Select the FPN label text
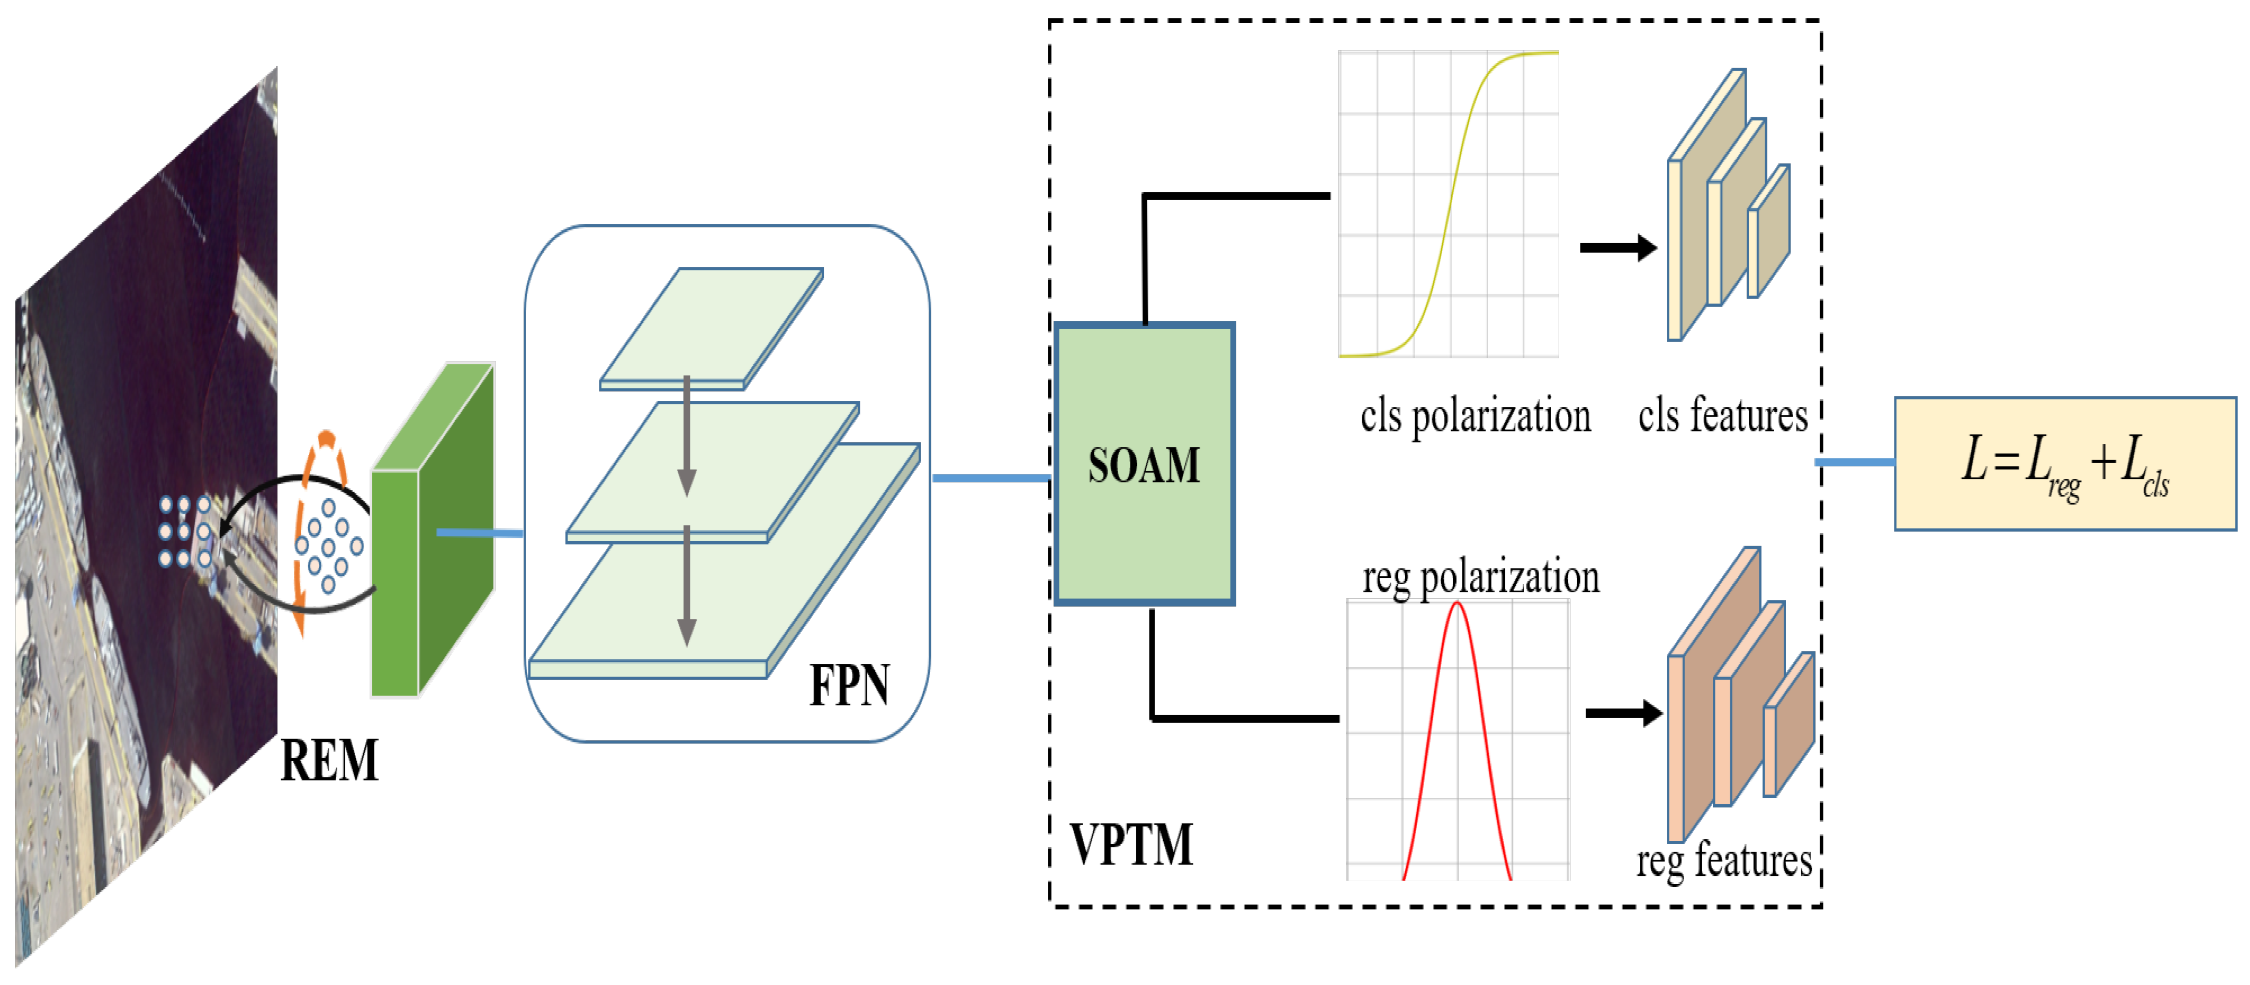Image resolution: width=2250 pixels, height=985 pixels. click(x=849, y=685)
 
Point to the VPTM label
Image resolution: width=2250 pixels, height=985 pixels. click(x=1131, y=845)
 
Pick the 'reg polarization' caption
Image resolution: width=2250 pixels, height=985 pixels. click(x=1481, y=577)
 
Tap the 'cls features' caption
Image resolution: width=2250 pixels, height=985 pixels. click(x=1722, y=416)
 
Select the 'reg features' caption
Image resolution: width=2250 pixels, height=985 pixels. click(x=1724, y=861)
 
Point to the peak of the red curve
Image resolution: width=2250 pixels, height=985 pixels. click(x=1457, y=604)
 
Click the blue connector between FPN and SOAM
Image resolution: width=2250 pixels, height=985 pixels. click(x=992, y=478)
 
